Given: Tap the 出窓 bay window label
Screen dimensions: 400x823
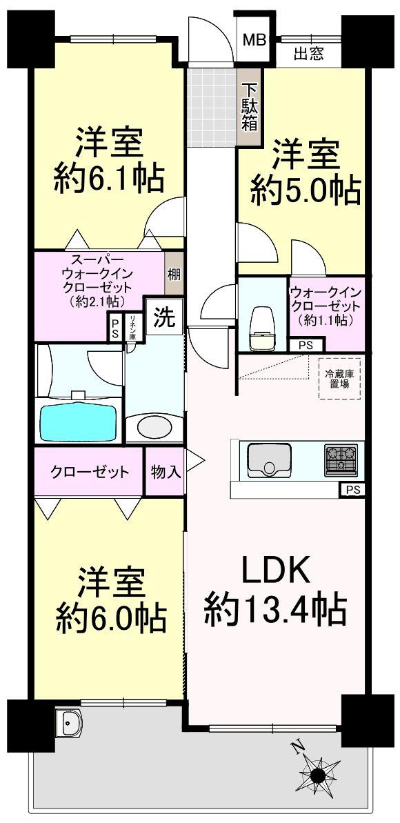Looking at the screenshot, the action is [x=309, y=54].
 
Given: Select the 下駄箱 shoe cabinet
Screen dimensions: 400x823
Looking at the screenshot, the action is [x=248, y=107].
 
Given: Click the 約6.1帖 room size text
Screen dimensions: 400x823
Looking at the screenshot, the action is [x=110, y=179].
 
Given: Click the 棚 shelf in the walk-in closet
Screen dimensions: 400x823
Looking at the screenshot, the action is [x=174, y=273].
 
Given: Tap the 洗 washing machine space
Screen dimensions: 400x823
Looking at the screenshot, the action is [x=163, y=318].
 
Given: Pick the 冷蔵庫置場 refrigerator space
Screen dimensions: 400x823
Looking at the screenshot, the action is [x=339, y=379].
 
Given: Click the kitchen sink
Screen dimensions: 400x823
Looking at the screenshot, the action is [x=269, y=459].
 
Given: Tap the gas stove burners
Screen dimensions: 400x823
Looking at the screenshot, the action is [x=341, y=459].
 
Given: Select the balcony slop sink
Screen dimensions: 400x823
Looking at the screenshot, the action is [x=69, y=726].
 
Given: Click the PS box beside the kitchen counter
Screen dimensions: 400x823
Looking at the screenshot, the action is [x=351, y=490].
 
